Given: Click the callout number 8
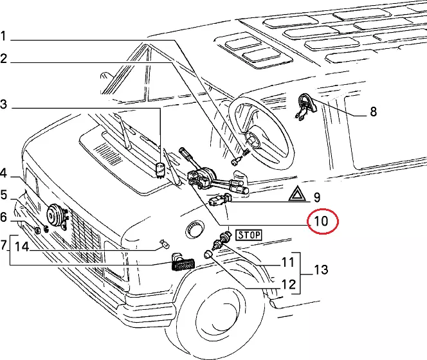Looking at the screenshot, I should [x=373, y=113].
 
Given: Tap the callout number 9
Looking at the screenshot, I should [x=316, y=197].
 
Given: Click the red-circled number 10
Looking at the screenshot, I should [x=321, y=222].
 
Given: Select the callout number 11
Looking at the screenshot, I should [x=287, y=262].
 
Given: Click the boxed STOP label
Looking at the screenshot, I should [x=248, y=235].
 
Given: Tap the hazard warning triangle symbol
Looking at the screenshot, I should [x=296, y=194].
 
